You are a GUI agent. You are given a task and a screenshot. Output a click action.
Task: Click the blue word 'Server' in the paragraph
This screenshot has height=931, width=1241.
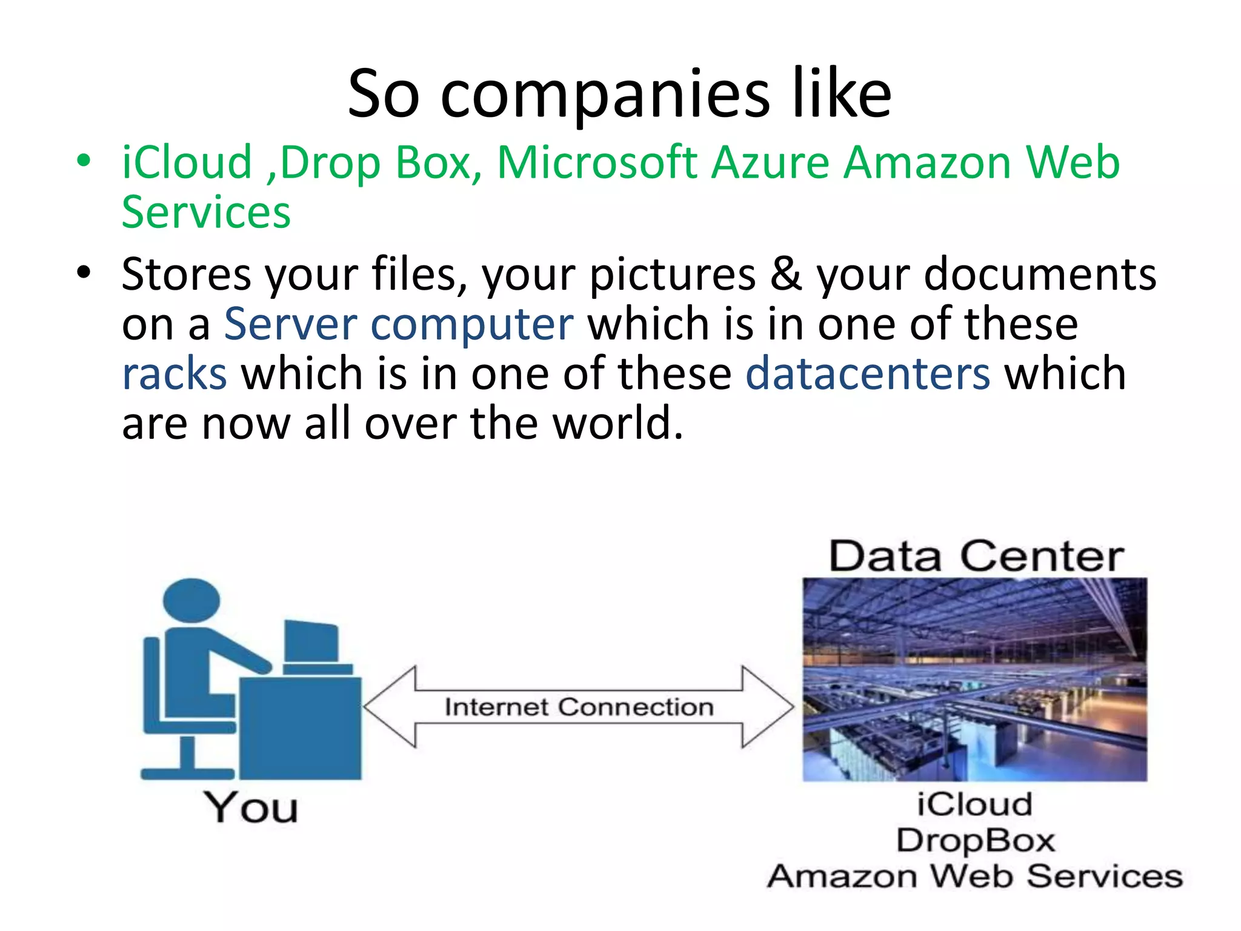click(x=291, y=324)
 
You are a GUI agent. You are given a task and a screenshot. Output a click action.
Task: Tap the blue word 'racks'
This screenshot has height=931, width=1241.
click(x=175, y=373)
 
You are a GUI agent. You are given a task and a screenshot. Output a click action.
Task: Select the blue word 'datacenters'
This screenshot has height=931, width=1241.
click(x=868, y=373)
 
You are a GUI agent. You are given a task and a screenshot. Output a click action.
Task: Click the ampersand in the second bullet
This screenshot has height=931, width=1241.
click(x=786, y=274)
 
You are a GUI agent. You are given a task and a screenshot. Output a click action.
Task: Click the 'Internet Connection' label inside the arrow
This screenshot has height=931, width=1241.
click(x=579, y=707)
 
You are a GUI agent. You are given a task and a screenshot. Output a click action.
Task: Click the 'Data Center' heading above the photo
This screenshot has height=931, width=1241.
click(x=976, y=556)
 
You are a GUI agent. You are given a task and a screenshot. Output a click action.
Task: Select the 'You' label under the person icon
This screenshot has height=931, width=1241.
click(x=250, y=808)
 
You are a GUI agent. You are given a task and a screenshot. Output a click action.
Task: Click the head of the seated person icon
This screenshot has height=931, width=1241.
click(x=191, y=600)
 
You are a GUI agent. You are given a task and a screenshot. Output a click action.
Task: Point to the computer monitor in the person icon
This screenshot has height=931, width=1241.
click(x=311, y=641)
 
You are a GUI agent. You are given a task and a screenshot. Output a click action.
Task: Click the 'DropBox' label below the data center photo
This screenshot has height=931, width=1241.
click(x=976, y=841)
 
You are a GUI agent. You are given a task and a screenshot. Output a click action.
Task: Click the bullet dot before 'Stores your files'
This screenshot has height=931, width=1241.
click(x=84, y=272)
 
